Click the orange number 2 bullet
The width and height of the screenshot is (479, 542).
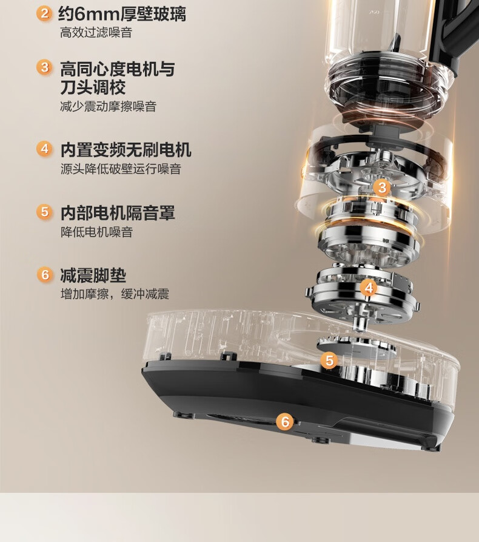[x=44, y=14]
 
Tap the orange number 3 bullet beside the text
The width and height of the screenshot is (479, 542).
[x=44, y=67]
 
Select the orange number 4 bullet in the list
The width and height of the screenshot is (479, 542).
[x=44, y=149]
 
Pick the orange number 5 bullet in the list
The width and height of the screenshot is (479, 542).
[x=44, y=212]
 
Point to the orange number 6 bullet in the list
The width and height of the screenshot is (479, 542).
[x=45, y=275]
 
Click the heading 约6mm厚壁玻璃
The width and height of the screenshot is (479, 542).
[x=122, y=14]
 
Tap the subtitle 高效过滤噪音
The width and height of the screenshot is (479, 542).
[x=96, y=33]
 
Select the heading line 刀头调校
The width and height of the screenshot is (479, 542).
[x=93, y=87]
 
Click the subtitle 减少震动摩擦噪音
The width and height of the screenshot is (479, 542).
[x=109, y=106]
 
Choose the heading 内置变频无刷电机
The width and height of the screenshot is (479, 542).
[x=126, y=150]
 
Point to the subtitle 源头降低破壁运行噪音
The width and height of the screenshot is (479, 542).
[x=121, y=169]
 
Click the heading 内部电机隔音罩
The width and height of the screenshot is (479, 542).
[x=118, y=212]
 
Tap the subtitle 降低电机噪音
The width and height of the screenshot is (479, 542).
[x=96, y=232]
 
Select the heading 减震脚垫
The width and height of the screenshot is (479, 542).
[x=93, y=276]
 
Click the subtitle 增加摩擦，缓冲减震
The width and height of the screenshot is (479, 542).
[x=115, y=294]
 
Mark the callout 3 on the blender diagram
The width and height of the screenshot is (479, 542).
[x=382, y=188]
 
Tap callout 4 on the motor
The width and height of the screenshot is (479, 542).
[x=369, y=288]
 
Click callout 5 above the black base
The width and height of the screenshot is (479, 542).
[x=329, y=361]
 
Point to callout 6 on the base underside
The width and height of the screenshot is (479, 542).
[x=285, y=422]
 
